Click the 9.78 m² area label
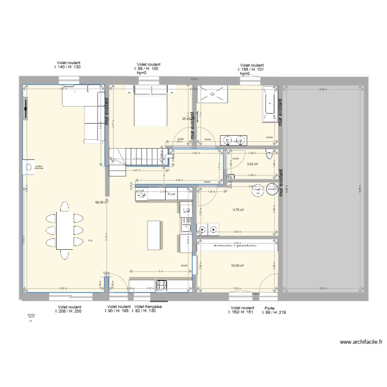click(238, 210)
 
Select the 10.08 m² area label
click(237, 266)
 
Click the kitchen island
click(155, 235)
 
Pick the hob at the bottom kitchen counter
click(162, 284)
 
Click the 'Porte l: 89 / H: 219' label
click(271, 310)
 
